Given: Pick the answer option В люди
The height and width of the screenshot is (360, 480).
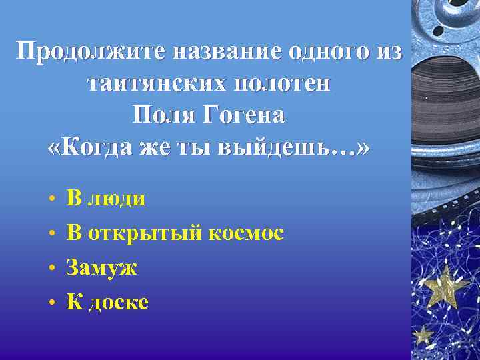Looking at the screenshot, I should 106,198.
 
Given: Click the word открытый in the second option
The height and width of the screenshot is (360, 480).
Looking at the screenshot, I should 145,233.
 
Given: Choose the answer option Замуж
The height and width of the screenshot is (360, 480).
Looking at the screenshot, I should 102,267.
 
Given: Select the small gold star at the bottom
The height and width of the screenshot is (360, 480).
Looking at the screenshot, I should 422,333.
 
